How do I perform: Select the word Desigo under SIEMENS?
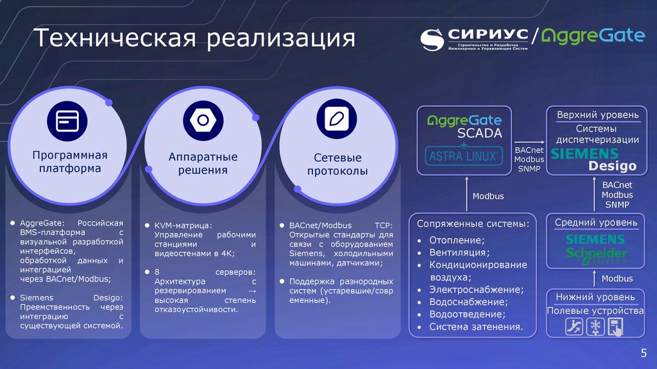point(612,166)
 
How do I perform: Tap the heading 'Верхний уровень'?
point(597,115)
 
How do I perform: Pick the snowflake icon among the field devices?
point(593,327)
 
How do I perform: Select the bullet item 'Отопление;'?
point(456,240)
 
